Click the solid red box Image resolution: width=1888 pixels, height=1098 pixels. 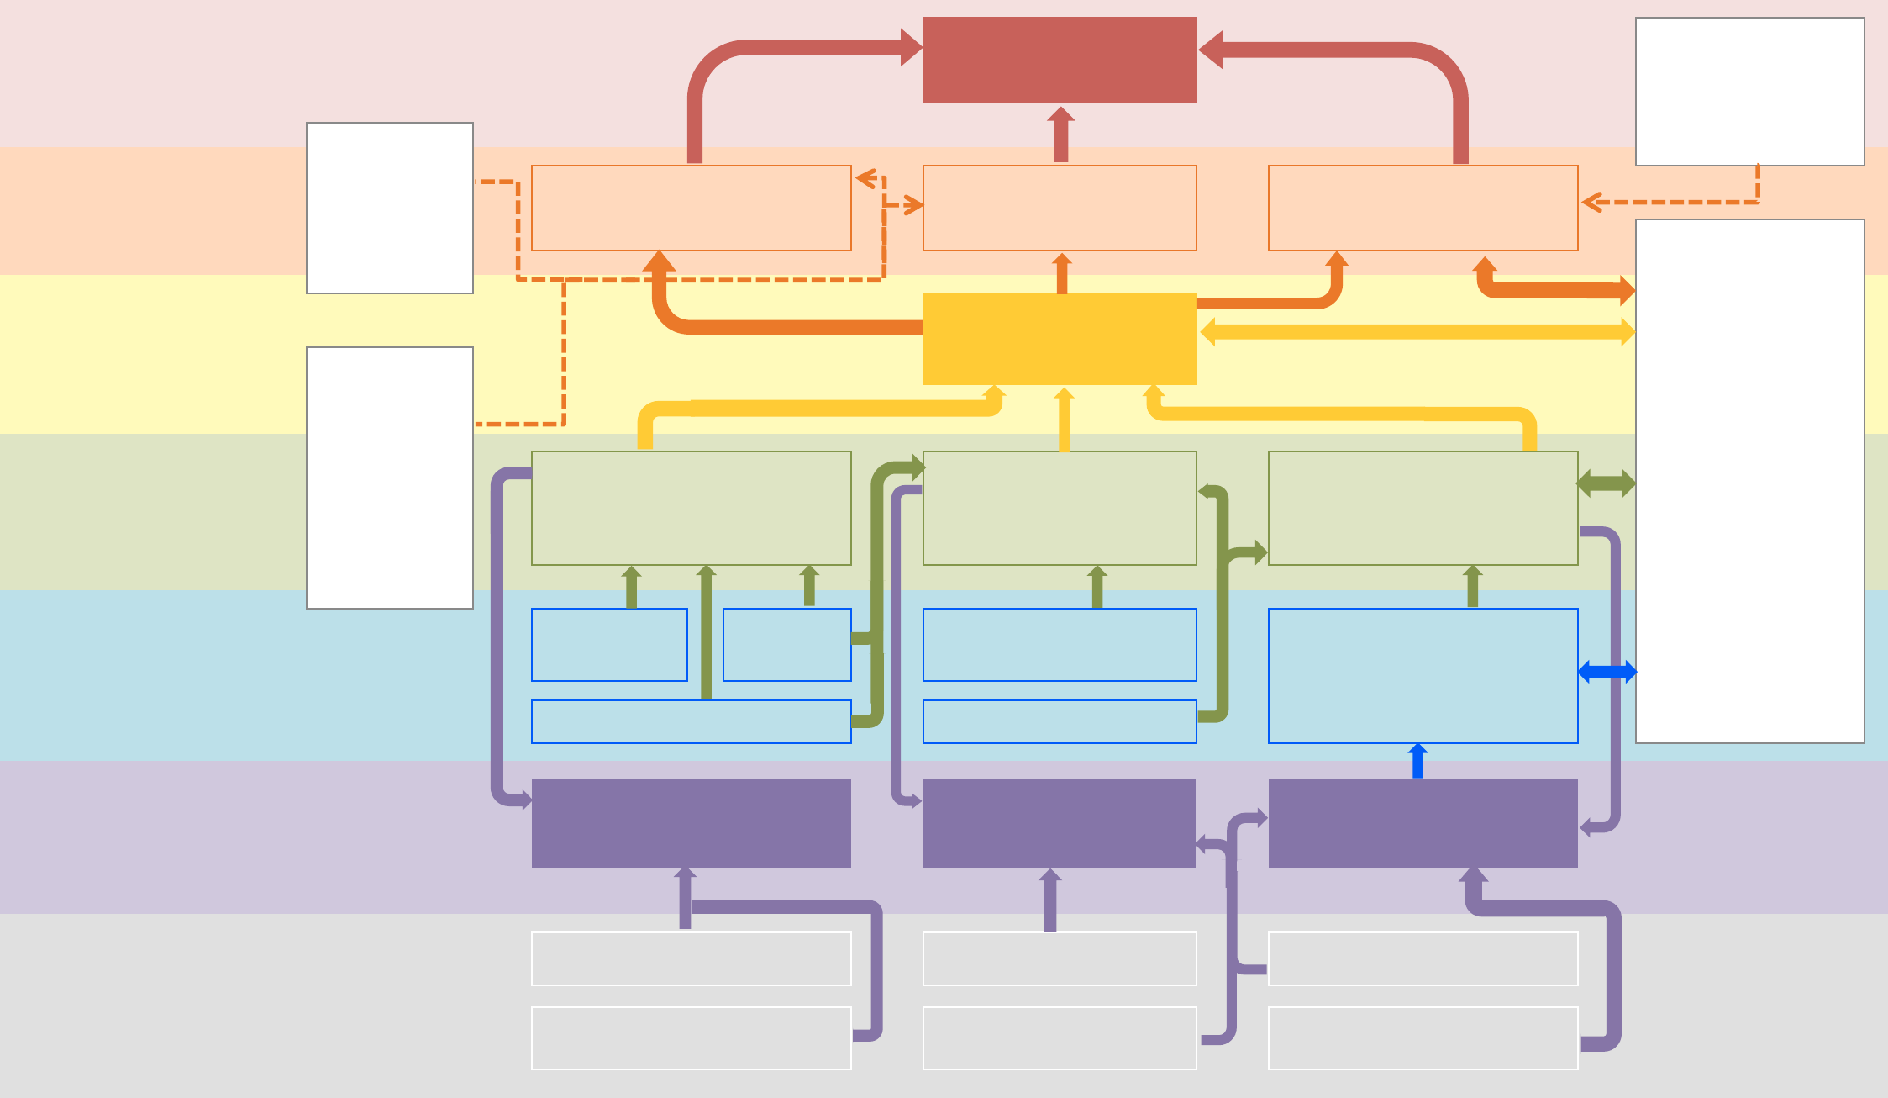[x=1060, y=60]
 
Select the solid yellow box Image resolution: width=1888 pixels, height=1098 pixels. [x=1060, y=339]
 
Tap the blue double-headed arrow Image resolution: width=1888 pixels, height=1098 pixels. [x=1607, y=672]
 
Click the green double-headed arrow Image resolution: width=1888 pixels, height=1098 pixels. [x=1606, y=483]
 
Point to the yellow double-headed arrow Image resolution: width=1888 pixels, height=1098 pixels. [x=1417, y=332]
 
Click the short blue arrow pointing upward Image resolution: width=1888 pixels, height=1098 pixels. [x=1418, y=761]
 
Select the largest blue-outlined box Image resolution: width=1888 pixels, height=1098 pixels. [x=1423, y=676]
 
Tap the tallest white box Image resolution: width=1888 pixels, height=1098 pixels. [x=1749, y=481]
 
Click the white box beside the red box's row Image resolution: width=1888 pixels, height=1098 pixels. [x=1749, y=92]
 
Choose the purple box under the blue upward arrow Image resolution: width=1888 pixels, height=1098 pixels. [x=1423, y=822]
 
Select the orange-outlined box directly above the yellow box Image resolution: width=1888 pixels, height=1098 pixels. [x=1060, y=208]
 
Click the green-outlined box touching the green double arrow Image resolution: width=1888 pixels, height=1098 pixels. [x=1423, y=508]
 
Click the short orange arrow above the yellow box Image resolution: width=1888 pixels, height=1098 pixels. [x=1062, y=273]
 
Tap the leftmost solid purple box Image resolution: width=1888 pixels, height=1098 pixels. [x=691, y=822]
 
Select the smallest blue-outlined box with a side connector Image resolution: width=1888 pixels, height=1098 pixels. [x=786, y=645]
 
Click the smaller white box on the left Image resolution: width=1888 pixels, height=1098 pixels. [x=390, y=208]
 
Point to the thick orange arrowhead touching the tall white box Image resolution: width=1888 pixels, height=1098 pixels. [x=1627, y=291]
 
